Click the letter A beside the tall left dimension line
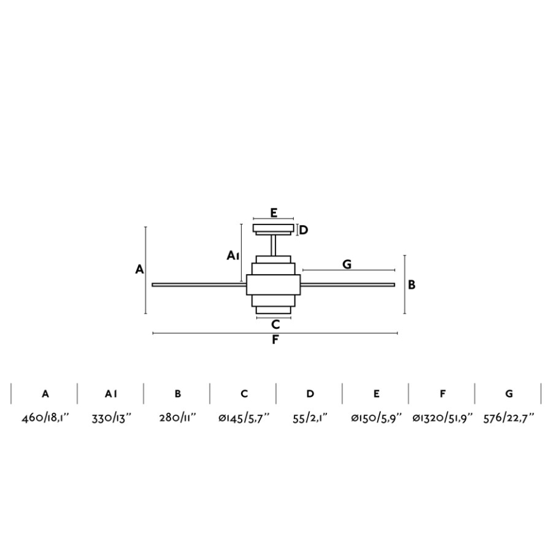tap(140, 269)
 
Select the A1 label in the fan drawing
tap(233, 256)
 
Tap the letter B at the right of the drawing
tap(411, 285)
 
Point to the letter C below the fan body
tap(275, 324)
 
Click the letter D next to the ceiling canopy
tap(303, 230)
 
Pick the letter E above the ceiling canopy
tap(274, 212)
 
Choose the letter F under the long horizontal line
tap(275, 340)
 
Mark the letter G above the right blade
tap(347, 264)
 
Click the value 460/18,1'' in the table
tap(45, 418)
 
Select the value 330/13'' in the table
tap(111, 418)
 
